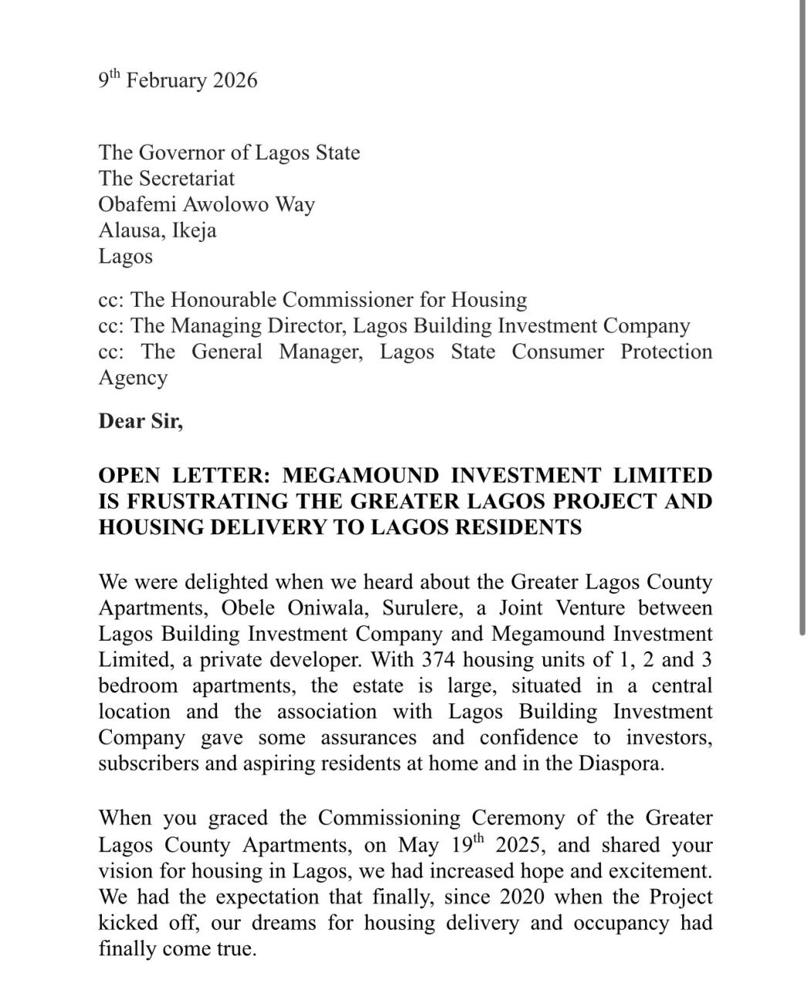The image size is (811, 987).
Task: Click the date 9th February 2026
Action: click(x=177, y=80)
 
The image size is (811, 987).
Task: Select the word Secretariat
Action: click(x=187, y=178)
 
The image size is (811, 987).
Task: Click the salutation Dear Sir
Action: click(x=140, y=421)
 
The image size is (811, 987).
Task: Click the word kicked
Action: click(x=129, y=922)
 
